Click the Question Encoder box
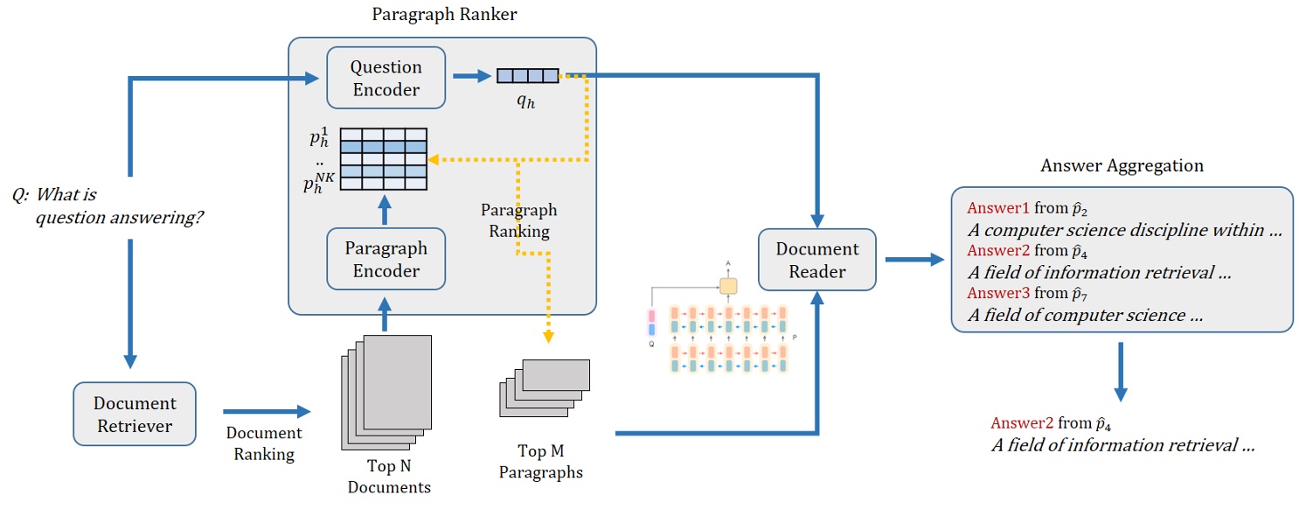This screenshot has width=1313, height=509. pos(386,78)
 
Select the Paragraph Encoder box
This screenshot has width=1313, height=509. pos(386,259)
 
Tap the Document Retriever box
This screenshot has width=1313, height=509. pos(135,414)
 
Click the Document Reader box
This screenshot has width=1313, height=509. pos(817,260)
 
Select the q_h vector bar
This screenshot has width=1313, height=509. pos(527,76)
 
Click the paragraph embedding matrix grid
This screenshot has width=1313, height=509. pos(383,158)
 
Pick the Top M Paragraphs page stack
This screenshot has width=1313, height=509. pos(544,388)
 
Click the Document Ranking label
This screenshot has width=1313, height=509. pos(264,443)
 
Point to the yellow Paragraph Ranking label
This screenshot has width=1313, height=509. pos(518,221)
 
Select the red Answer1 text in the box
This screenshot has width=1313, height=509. pos(998,208)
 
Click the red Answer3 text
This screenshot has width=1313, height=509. pos(998,294)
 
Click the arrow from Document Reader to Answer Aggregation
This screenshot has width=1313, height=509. pos(914,260)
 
